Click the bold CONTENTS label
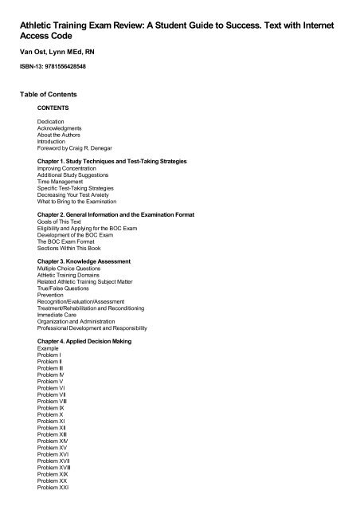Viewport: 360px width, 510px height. point(53,106)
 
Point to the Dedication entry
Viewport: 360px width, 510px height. point(51,120)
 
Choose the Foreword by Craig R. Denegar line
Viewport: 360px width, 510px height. point(76,148)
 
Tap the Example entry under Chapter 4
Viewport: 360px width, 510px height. point(49,348)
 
